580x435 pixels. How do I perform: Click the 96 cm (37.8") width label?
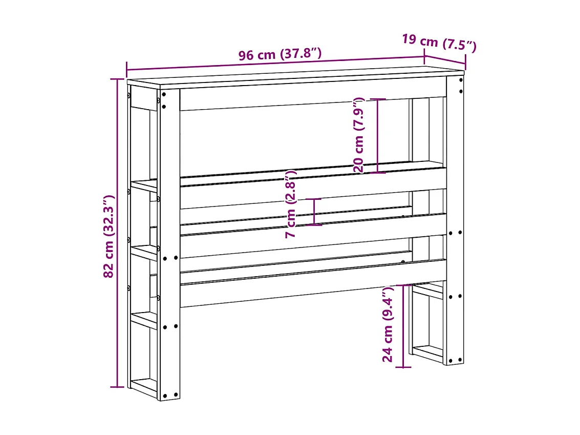[280, 54]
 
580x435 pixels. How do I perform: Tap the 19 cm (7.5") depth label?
[439, 43]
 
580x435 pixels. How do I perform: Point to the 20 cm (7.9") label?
[358, 135]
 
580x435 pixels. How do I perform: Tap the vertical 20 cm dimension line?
[378, 135]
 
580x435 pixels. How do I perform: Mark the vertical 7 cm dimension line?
[314, 212]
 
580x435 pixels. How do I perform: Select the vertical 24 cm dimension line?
[403, 326]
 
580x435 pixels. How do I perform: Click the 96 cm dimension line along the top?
[276, 65]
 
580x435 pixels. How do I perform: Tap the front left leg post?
[169, 241]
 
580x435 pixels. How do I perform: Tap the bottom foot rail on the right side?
[427, 353]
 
